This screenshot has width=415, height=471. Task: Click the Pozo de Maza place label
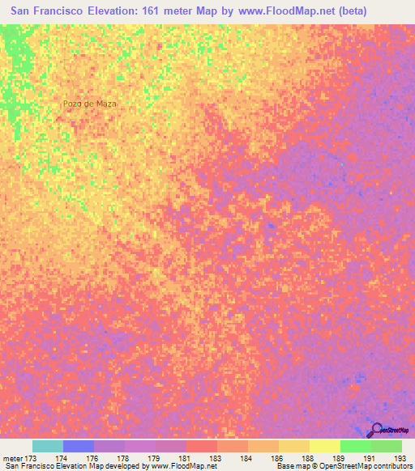click(x=90, y=104)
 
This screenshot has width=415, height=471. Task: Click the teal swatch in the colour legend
click(x=47, y=446)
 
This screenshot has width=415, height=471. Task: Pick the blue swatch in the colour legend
click(x=78, y=446)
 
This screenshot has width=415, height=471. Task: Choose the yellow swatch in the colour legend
click(x=325, y=446)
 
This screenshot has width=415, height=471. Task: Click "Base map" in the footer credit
click(x=292, y=467)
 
